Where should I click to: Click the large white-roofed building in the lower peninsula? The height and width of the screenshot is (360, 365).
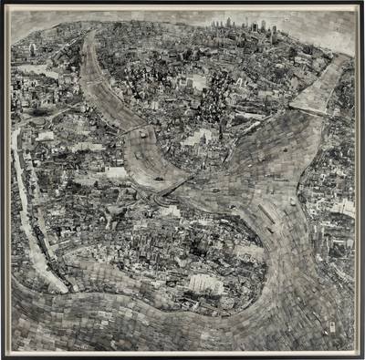pyautogui.click(x=206, y=283)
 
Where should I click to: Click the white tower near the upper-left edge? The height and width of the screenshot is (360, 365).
pyautogui.click(x=33, y=49)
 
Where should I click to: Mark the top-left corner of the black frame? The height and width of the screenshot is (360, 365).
pyautogui.click(x=4, y=4)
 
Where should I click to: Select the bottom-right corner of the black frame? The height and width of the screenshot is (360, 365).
pyautogui.click(x=361, y=356)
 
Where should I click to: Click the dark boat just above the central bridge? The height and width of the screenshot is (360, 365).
pyautogui.click(x=161, y=177)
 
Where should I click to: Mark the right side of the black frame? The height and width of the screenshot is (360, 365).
pyautogui.click(x=361, y=182)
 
